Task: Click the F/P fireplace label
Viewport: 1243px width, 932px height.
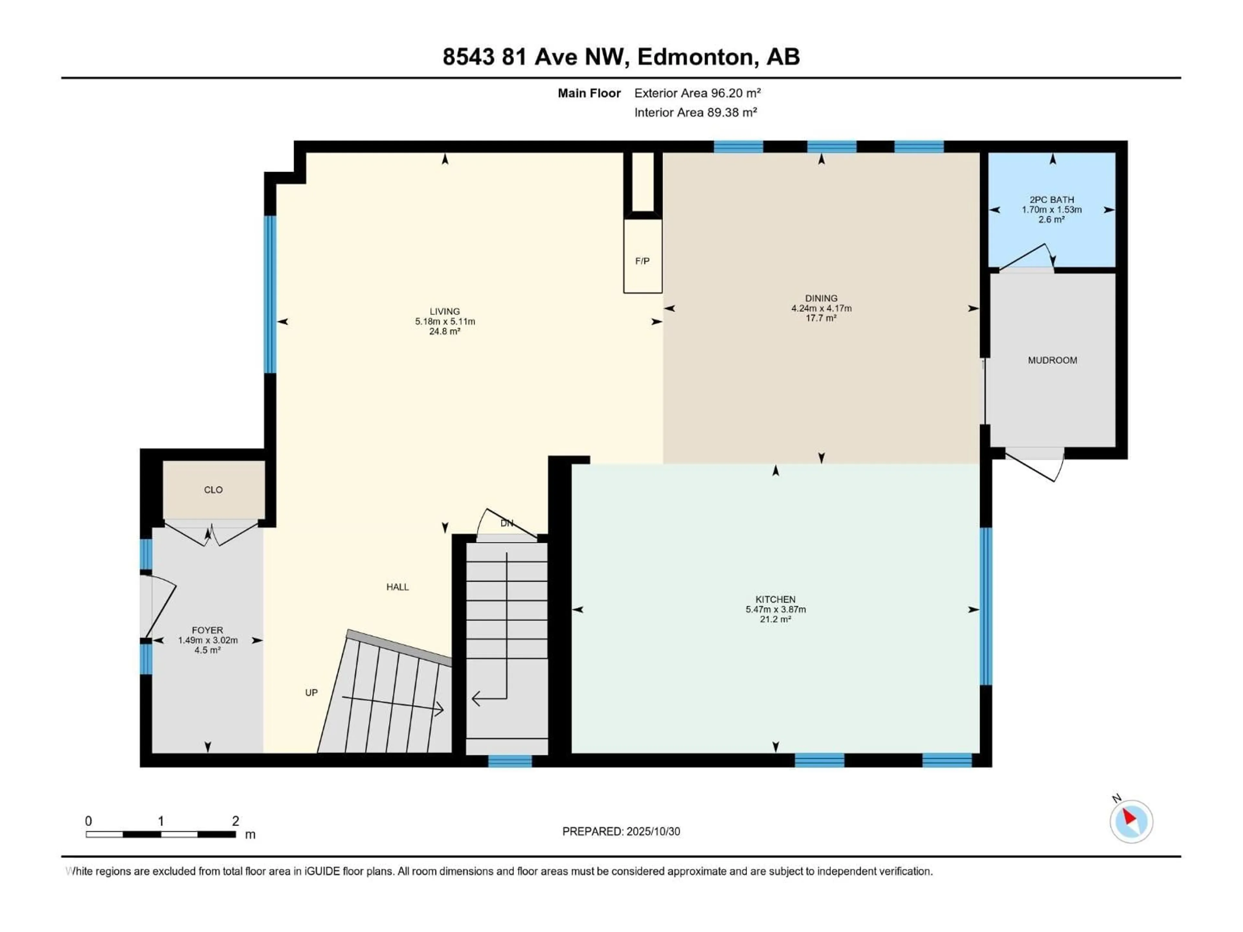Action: point(642,261)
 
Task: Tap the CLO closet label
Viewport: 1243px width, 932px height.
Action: point(213,490)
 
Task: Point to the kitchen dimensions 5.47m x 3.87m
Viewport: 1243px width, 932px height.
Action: point(776,610)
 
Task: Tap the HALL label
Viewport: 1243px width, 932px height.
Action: point(397,587)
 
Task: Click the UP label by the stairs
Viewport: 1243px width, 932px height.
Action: point(311,693)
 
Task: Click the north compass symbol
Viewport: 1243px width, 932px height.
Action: point(1131,821)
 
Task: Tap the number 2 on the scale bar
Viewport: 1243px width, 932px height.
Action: point(235,821)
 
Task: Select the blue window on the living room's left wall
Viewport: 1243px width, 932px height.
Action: point(270,294)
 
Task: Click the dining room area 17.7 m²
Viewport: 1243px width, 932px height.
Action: point(821,318)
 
